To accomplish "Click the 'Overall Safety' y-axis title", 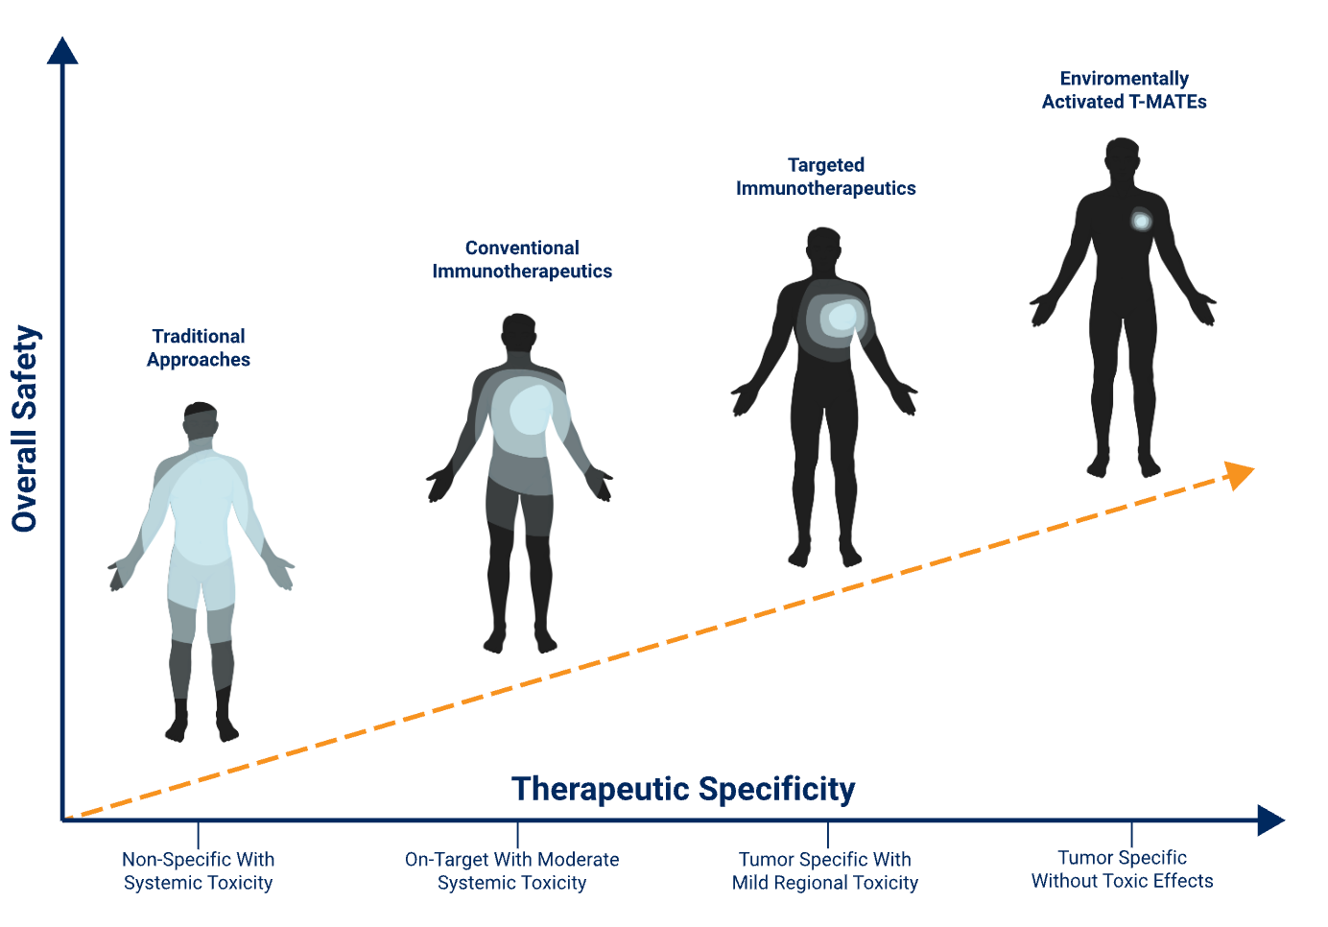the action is tap(25, 428).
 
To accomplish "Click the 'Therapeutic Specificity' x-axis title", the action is tap(683, 790).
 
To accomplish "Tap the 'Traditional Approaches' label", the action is tap(199, 347).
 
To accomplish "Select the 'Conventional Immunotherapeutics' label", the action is tap(522, 259).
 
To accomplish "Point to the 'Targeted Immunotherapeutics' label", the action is tap(826, 177).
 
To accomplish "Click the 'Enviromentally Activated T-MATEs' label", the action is tap(1124, 90).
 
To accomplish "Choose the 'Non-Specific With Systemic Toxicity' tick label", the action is tap(198, 870).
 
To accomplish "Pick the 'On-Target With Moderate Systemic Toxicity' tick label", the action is tap(511, 870).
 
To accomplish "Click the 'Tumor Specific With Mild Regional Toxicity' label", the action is tap(824, 870).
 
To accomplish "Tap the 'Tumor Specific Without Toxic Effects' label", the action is tap(1123, 868).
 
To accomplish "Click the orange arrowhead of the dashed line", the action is tap(1239, 475).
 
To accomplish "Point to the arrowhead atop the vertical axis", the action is tap(62, 51).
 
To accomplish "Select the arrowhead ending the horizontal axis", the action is tap(1271, 820).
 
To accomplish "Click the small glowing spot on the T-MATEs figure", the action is tap(1141, 222).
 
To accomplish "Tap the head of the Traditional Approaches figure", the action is tap(201, 420).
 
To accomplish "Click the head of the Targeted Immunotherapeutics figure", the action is tap(823, 245).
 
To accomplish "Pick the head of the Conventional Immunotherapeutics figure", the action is tap(519, 331).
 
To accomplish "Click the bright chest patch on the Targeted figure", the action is tap(842, 316).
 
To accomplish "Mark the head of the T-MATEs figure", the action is tap(1123, 156).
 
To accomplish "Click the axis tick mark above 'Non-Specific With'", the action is tap(198, 835).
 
